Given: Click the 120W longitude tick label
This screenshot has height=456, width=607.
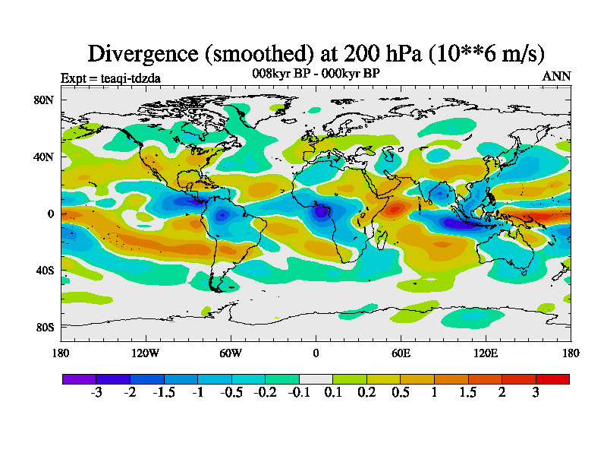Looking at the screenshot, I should pos(146,353).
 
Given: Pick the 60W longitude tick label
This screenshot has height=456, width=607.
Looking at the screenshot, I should pos(231,353).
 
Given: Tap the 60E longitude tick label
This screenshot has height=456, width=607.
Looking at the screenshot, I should pos(401,353).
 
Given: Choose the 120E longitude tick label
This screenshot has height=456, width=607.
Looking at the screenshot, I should pos(486,353).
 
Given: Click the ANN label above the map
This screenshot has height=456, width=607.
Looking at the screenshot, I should pos(556,77).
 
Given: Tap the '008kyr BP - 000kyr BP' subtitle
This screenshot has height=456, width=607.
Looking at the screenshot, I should pos(316,73).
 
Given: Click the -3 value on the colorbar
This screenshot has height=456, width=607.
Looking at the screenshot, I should pos(96,393).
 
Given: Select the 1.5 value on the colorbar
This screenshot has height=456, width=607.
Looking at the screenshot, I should pos(468,393).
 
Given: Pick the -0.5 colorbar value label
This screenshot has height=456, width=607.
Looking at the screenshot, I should pos(231,393).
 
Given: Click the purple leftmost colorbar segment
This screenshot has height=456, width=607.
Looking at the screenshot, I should pos(79,378).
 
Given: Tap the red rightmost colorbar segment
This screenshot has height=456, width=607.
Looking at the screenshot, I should pos(552,378).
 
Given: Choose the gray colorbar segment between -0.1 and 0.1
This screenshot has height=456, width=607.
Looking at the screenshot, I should pos(316,378).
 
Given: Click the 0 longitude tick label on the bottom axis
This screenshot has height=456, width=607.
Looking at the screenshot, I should pos(316,353).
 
